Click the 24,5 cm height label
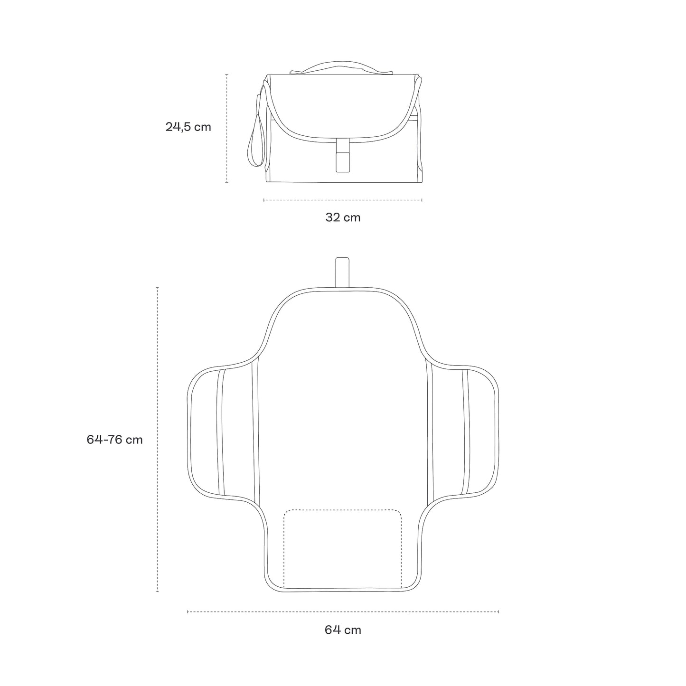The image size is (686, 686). pyautogui.click(x=188, y=127)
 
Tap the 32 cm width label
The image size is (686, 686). pyautogui.click(x=343, y=217)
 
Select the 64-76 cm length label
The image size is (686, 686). pyautogui.click(x=114, y=440)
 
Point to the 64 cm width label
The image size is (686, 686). pyautogui.click(x=343, y=630)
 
